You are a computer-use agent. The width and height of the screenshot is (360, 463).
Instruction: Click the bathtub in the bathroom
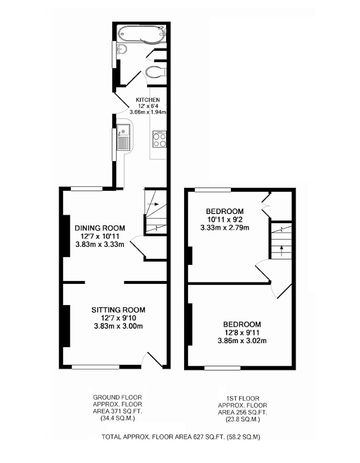tap(141, 34)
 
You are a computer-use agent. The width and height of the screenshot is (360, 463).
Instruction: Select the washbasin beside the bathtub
tap(121, 49)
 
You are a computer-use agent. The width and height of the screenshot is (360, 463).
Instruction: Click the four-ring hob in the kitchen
tap(159, 139)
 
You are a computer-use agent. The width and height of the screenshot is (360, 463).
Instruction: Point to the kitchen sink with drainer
tap(124, 137)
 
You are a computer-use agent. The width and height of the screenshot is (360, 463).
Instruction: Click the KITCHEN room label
tap(148, 100)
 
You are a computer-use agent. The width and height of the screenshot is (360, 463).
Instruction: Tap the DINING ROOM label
tap(100, 228)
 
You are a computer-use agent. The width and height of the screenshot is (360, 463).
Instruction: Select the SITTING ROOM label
tap(118, 310)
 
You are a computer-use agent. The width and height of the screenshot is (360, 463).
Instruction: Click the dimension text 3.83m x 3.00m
tap(118, 326)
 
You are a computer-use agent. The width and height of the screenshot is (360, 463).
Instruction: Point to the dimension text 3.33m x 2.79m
tap(225, 228)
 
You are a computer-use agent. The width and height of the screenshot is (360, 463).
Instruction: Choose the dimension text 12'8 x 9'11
tap(242, 333)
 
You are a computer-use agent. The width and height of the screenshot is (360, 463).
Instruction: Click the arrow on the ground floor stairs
tap(154, 204)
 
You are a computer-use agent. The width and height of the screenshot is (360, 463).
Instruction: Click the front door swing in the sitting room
tap(152, 360)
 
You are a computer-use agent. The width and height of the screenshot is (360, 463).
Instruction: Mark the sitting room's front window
tap(96, 367)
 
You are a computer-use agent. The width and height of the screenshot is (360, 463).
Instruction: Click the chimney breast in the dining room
tap(66, 236)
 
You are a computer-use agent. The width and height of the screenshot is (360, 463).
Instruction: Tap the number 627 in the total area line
tap(198, 437)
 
